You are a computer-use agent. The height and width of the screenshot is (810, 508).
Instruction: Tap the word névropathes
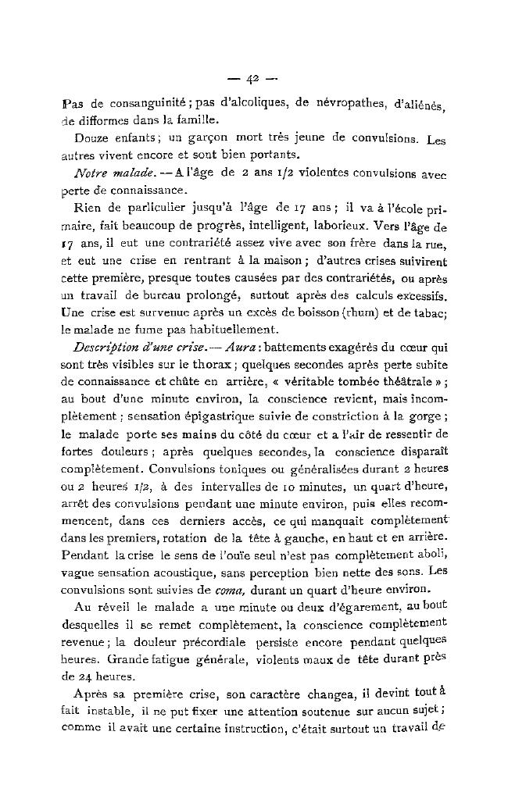(x=339, y=103)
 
